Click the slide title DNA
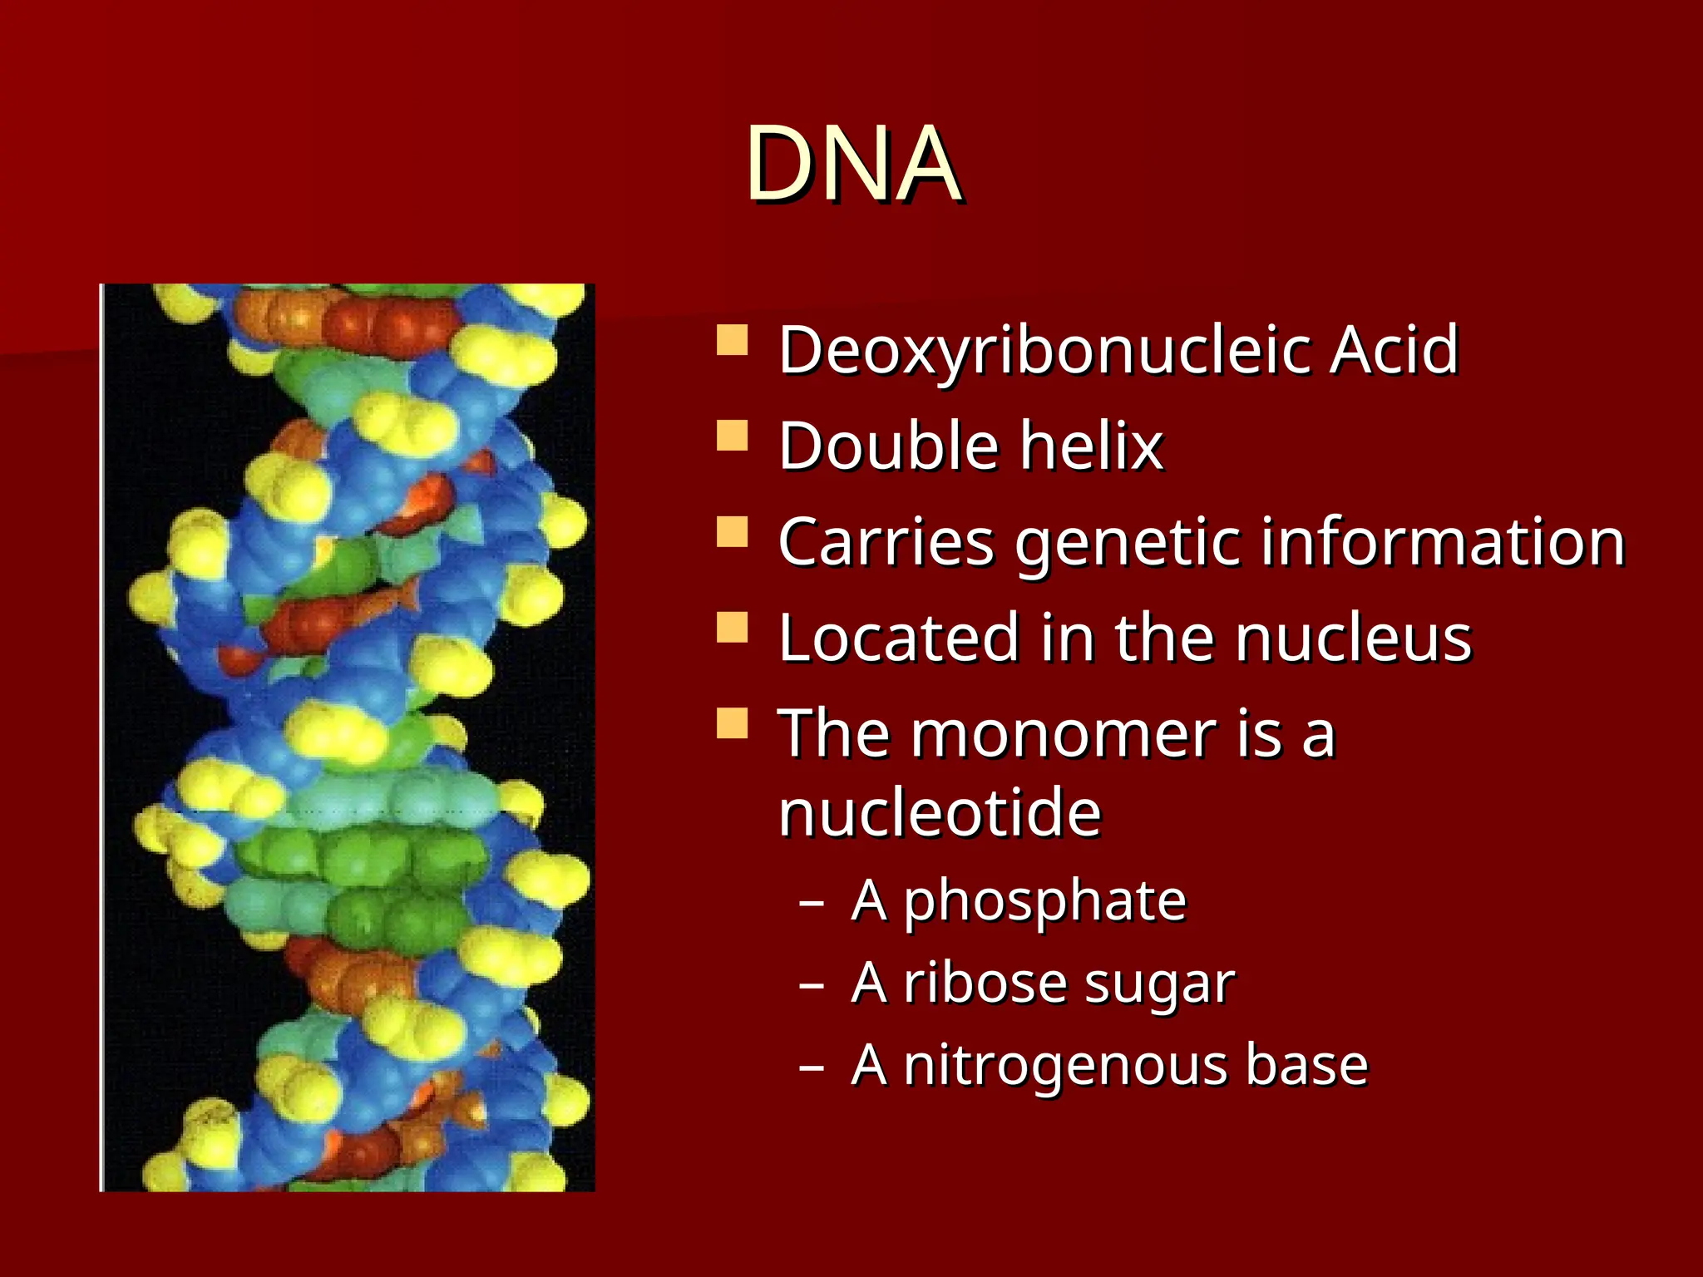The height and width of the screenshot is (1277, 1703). (x=853, y=164)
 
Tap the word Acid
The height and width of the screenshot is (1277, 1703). (x=1394, y=350)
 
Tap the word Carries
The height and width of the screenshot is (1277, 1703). (x=886, y=542)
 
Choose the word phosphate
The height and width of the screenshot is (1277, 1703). (x=1045, y=902)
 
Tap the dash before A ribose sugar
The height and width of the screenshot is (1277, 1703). (x=811, y=985)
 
